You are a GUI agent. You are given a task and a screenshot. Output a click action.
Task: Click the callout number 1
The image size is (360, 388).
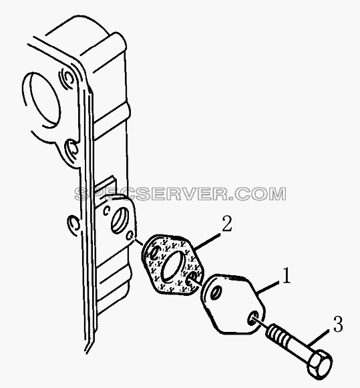click(x=287, y=275)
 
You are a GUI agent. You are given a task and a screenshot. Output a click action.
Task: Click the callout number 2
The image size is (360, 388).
click(x=227, y=224)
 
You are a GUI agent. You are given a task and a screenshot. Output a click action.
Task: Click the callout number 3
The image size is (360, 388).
click(x=338, y=324)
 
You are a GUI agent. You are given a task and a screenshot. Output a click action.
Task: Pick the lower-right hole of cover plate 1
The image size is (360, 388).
click(x=253, y=319)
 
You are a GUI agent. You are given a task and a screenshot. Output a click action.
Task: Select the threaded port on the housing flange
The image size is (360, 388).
click(x=120, y=220)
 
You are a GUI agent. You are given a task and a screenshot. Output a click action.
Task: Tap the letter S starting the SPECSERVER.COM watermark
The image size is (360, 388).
click(x=82, y=194)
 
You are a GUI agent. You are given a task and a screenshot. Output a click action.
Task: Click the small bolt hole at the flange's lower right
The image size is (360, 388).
click(x=130, y=236)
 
